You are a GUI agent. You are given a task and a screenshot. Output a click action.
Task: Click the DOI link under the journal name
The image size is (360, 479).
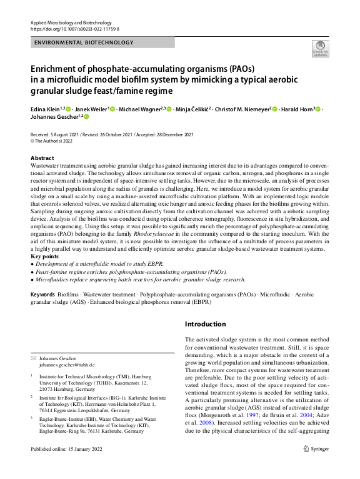pos(74,29)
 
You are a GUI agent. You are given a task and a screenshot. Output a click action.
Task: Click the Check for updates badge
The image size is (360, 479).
pos(319,49)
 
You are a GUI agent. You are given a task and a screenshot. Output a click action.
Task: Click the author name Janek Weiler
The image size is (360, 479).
pos(92,108)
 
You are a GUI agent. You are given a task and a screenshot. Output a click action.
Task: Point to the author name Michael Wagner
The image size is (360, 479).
pos(139,108)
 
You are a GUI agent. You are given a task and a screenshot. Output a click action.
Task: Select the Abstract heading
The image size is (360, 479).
pos(42,158)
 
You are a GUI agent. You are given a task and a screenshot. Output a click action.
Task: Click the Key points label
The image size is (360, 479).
pos(45,256)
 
